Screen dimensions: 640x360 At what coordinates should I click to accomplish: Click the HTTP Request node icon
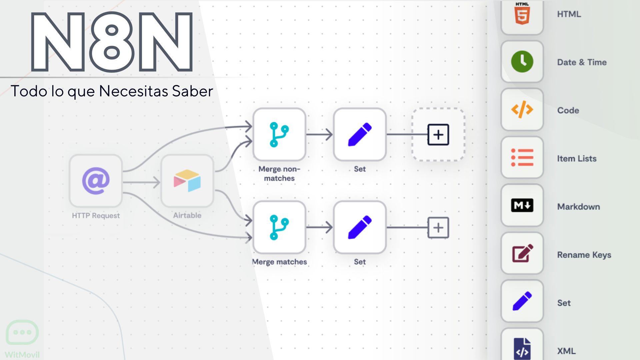pos(96,181)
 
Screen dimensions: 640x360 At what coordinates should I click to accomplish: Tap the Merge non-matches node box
pos(279,134)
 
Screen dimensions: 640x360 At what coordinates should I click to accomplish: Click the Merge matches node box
pos(279,227)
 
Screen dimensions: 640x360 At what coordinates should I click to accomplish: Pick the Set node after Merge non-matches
pos(360,134)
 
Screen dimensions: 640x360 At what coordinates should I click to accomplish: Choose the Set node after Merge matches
pos(360,227)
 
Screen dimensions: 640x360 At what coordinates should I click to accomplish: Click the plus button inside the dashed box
pos(438,135)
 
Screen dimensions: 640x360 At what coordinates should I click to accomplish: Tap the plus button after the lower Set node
pos(438,228)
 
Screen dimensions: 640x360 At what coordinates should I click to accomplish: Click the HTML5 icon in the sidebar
pos(522,14)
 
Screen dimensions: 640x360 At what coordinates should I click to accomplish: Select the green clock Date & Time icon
pos(522,62)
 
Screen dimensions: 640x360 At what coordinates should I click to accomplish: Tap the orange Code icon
pos(522,109)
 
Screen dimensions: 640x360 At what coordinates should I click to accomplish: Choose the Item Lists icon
pos(522,158)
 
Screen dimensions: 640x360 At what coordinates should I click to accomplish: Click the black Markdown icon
pos(522,205)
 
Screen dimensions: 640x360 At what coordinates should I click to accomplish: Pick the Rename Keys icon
pos(522,253)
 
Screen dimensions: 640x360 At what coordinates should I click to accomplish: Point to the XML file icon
pos(522,349)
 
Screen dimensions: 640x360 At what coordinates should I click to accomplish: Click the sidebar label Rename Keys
pos(584,255)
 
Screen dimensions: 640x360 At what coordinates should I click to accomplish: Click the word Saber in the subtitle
pos(192,91)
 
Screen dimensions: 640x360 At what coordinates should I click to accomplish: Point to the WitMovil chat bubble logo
pos(22,332)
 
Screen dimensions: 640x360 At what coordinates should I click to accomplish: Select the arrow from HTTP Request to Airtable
pos(142,182)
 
